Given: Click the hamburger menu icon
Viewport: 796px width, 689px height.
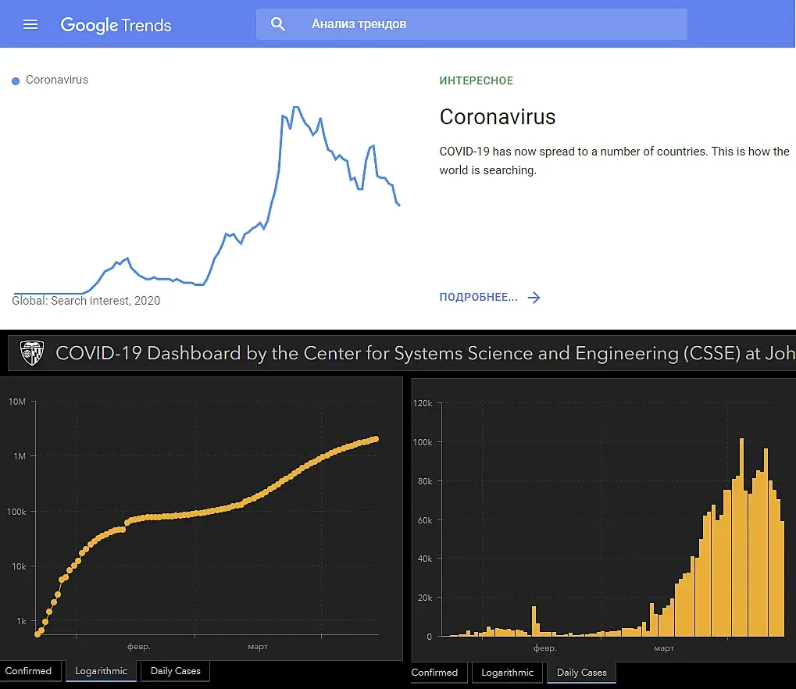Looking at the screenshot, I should tap(30, 24).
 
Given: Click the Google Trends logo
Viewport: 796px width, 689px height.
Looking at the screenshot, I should tap(116, 24).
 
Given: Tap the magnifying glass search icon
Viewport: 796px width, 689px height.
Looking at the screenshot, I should tap(278, 24).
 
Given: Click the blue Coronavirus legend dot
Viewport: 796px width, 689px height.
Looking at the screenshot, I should tap(16, 80).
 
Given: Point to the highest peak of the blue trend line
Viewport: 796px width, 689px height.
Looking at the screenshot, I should tap(294, 107).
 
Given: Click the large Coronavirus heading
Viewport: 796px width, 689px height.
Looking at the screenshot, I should tap(498, 117).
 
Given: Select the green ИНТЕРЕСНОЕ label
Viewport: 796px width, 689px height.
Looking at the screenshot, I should tap(477, 80).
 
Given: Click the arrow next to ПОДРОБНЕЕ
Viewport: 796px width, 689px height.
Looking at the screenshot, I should tap(534, 298).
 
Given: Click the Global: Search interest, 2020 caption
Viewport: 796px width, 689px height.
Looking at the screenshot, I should tap(86, 301).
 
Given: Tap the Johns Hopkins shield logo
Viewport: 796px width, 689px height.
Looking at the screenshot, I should tap(32, 353).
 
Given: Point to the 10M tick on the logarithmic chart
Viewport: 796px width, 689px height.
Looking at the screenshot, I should tap(17, 402).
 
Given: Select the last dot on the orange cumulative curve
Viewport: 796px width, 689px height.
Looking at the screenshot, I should tap(376, 439).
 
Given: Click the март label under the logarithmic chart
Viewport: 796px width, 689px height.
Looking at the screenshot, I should tap(257, 647).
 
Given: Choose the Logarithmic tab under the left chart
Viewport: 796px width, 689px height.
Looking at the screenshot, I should tap(102, 671).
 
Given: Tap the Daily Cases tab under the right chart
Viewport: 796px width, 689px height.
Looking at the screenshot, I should tap(581, 673).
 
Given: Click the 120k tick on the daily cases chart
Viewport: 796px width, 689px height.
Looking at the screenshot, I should tap(423, 404).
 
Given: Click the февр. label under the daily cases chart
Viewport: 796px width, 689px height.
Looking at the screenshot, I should tap(544, 648).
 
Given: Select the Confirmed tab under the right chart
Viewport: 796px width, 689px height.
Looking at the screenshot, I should tap(434, 673).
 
